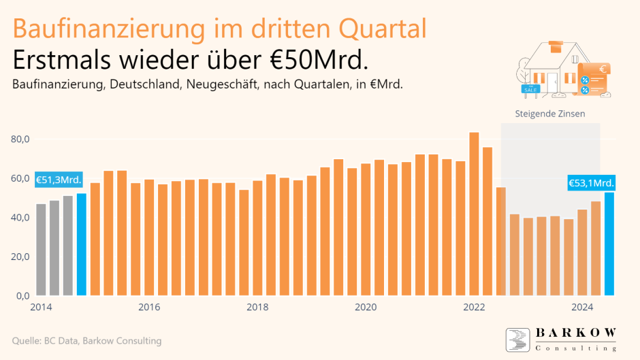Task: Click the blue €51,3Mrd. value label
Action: [x=59, y=180]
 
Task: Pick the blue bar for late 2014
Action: [x=82, y=244]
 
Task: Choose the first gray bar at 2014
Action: [x=41, y=250]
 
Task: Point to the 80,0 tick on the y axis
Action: [x=20, y=139]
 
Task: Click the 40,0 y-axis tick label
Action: [x=20, y=218]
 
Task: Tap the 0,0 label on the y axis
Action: [x=22, y=296]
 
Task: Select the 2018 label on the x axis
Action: [x=257, y=307]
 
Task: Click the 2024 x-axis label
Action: [x=582, y=307]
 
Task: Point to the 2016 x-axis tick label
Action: [x=149, y=307]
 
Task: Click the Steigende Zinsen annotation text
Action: [x=550, y=114]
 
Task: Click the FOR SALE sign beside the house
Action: [x=529, y=88]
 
